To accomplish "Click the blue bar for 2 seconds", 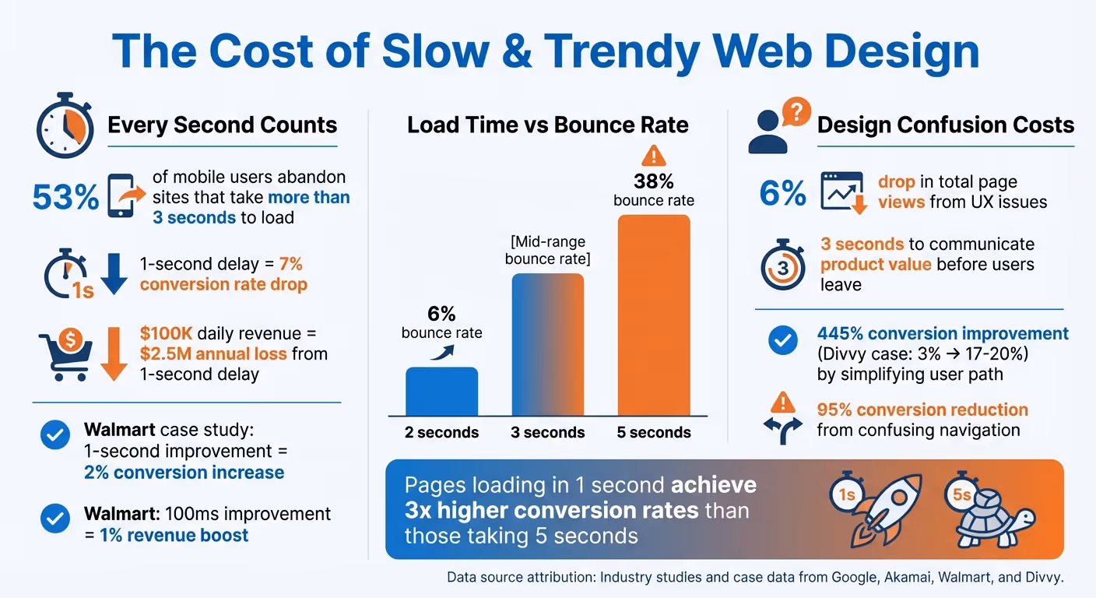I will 441,392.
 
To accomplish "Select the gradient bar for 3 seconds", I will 547,344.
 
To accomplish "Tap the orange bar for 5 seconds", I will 654,315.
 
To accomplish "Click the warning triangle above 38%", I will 654,156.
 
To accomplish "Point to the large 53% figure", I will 65,198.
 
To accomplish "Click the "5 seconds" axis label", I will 654,433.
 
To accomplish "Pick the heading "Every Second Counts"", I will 222,125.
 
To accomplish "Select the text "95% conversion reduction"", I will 922,410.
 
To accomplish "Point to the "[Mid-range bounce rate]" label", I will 547,250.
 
